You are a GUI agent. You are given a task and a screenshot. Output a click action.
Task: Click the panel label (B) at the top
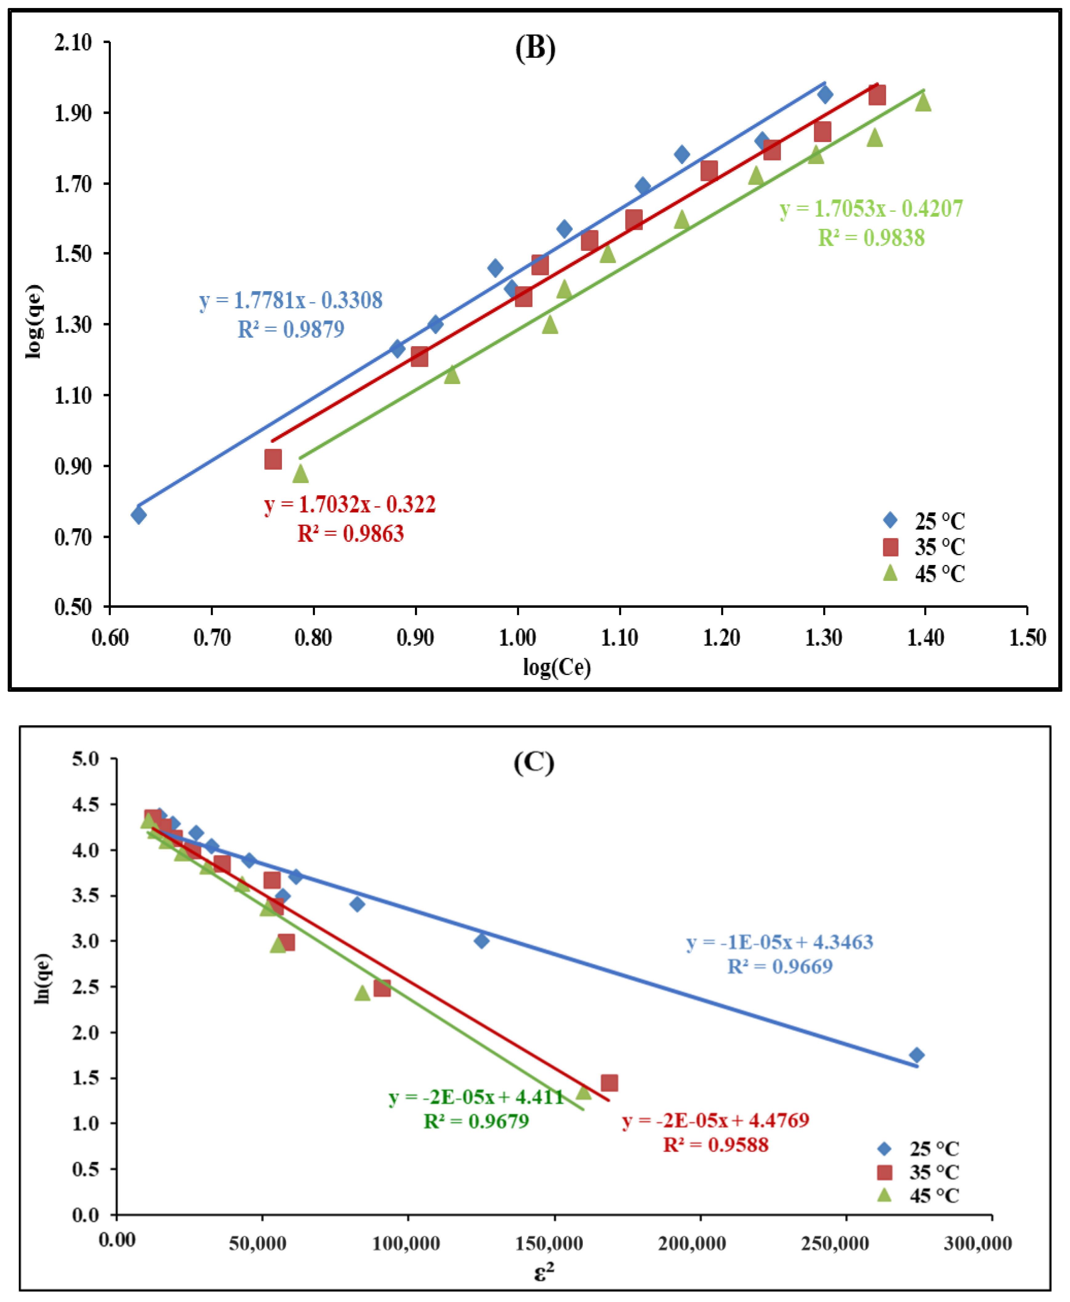(x=534, y=48)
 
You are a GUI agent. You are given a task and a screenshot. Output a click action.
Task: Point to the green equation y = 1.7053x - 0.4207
(x=871, y=209)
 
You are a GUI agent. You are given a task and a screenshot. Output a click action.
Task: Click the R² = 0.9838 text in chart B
(x=871, y=238)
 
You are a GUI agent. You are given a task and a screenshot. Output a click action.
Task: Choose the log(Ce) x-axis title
(x=557, y=667)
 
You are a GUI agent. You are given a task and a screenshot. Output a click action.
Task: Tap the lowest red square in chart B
(x=273, y=459)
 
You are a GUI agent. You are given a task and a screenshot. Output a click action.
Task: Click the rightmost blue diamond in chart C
(x=916, y=1055)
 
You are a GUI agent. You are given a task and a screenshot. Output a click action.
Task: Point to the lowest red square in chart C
(x=609, y=1083)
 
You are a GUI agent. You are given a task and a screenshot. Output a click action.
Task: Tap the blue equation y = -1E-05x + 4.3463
(x=780, y=942)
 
